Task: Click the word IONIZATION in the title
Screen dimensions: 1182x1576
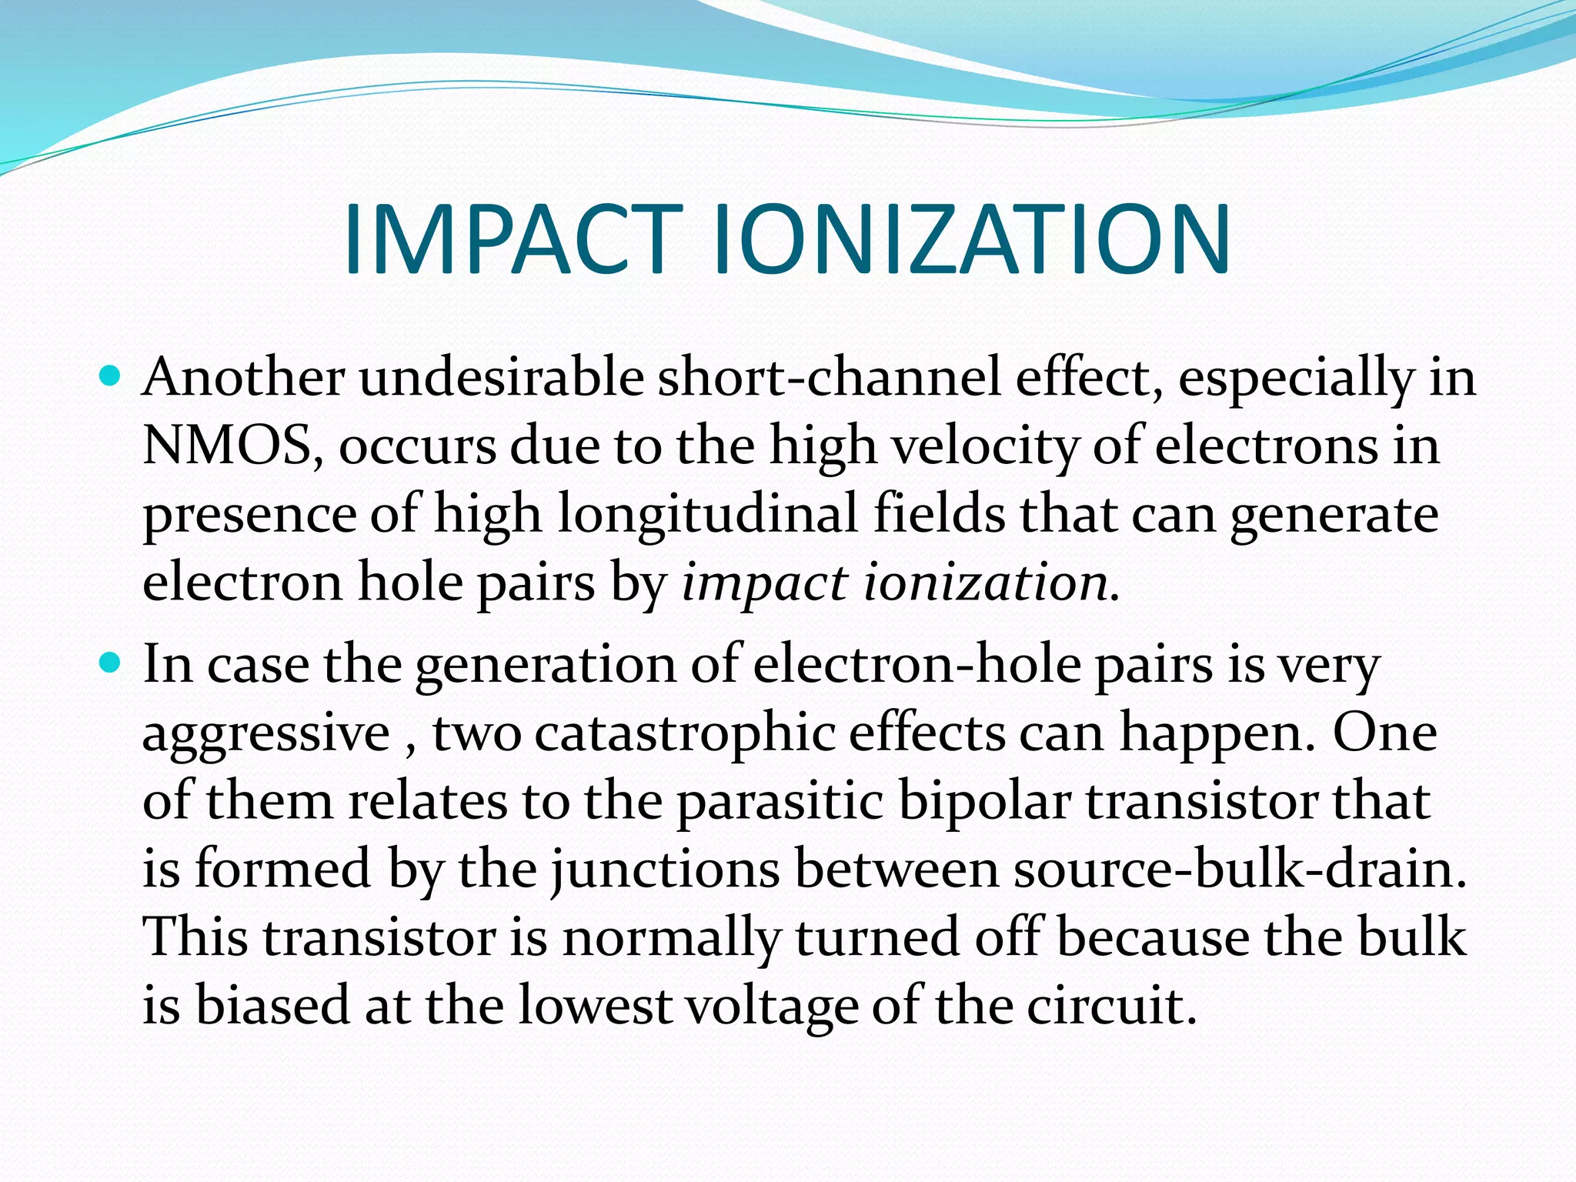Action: coord(972,239)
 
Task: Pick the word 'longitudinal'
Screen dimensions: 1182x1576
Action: coord(707,514)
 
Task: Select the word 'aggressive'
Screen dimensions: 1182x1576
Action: coord(266,733)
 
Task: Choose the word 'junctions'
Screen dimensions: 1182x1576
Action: coord(665,870)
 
